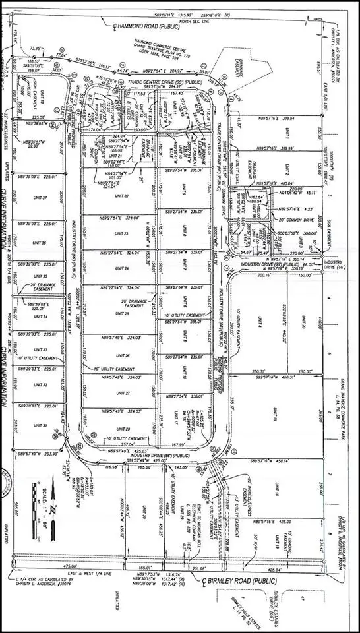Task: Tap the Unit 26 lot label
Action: [x=123, y=356]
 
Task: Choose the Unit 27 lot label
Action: [x=123, y=393]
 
